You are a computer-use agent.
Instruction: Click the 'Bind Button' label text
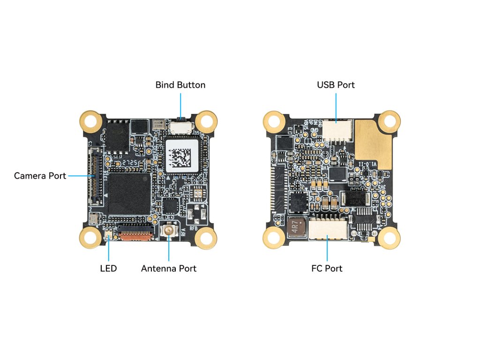pyautogui.click(x=180, y=85)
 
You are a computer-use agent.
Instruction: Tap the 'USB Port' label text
pyautogui.click(x=336, y=85)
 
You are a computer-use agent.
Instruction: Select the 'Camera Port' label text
pyautogui.click(x=40, y=176)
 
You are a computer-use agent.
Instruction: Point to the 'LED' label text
pyautogui.click(x=108, y=269)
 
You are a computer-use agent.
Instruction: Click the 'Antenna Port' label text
pyautogui.click(x=169, y=269)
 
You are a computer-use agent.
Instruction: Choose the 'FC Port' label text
pyautogui.click(x=327, y=269)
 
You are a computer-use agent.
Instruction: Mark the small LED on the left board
pyautogui.click(x=109, y=233)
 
